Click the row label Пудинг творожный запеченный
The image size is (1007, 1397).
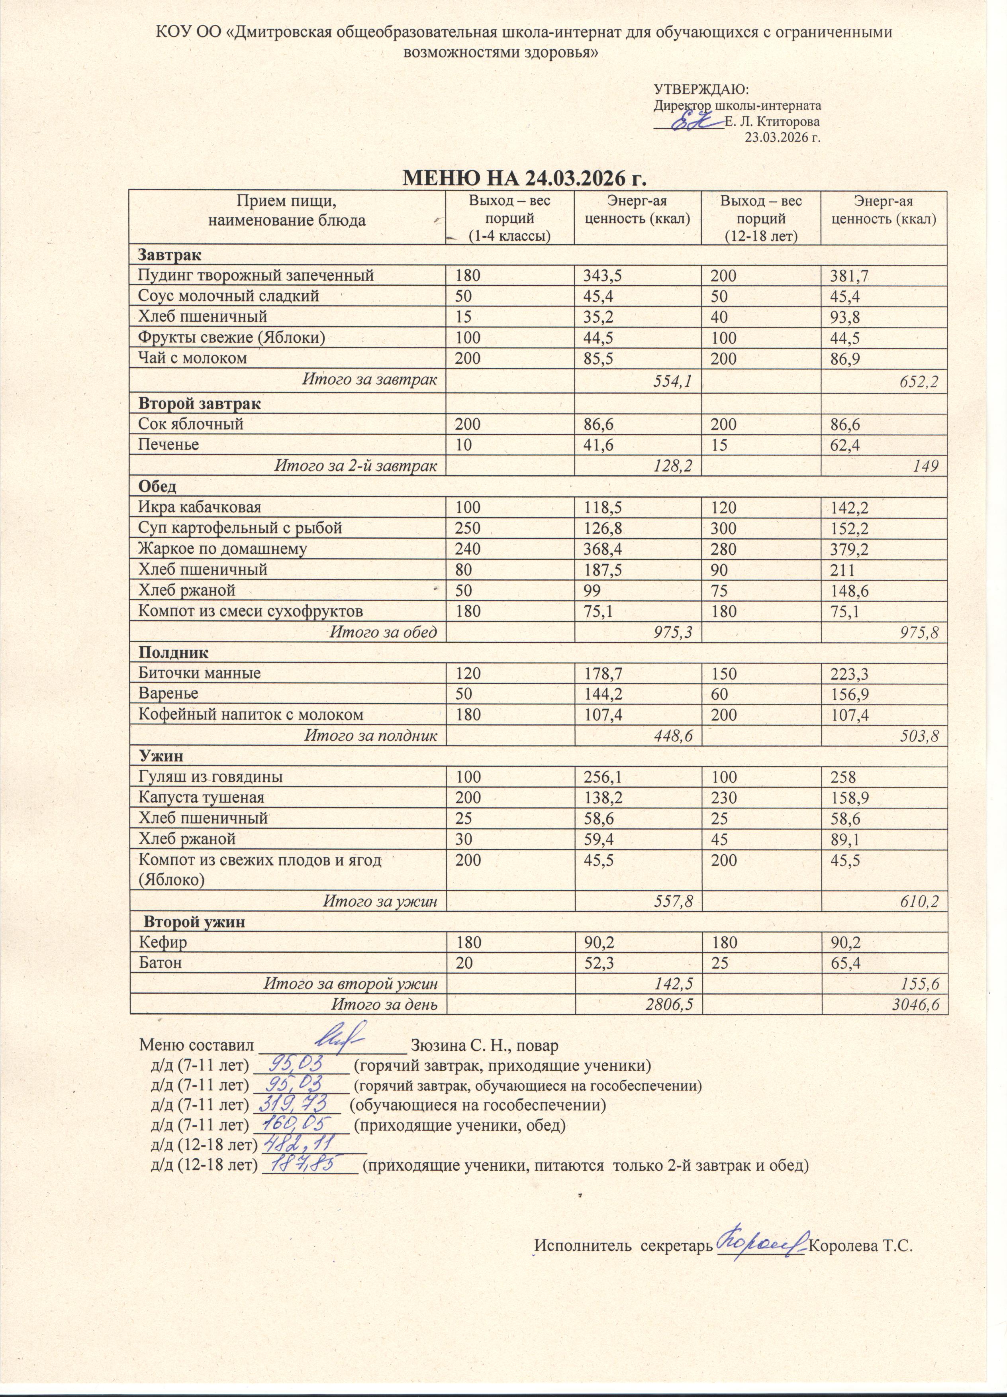coord(256,275)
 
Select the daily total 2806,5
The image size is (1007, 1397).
coord(663,1005)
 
